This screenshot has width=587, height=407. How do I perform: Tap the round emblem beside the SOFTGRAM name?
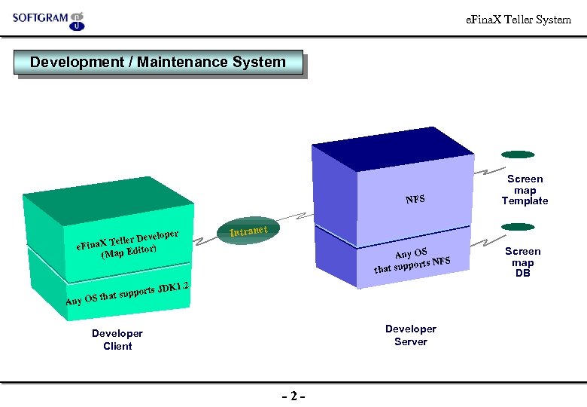click(x=77, y=20)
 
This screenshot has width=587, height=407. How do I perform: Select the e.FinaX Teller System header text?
click(x=519, y=20)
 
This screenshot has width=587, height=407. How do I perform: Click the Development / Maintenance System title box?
click(x=158, y=63)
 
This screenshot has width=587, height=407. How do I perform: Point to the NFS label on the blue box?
click(x=415, y=200)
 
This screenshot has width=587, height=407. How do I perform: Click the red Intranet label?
click(x=249, y=228)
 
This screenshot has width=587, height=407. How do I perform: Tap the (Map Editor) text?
click(x=129, y=251)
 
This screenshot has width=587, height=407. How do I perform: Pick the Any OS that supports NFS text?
click(x=412, y=259)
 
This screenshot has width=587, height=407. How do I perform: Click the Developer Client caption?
click(x=117, y=340)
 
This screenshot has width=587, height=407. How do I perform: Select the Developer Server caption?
click(x=410, y=335)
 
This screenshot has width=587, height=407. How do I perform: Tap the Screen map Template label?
click(x=525, y=190)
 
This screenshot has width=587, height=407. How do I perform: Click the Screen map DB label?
click(x=522, y=262)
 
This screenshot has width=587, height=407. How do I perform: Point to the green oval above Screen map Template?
click(x=518, y=155)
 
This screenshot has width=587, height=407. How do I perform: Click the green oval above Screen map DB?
click(x=518, y=227)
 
